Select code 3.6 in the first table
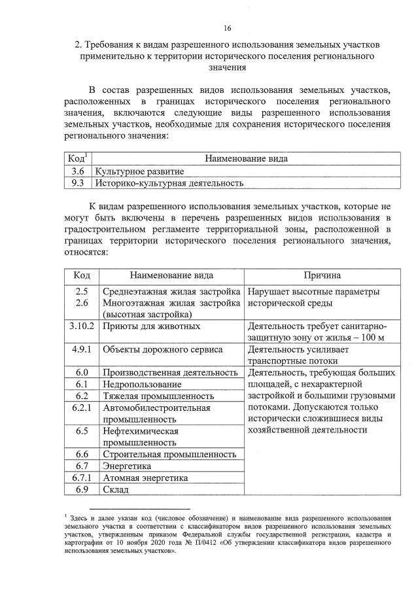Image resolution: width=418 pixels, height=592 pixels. click(78, 171)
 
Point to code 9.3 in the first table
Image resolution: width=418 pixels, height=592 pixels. click(78, 183)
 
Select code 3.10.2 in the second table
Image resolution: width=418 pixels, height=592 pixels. click(82, 326)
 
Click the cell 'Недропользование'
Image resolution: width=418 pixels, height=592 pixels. click(142, 384)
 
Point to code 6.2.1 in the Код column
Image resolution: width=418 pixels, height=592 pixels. click(82, 408)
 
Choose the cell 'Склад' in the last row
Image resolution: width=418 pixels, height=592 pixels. click(116, 489)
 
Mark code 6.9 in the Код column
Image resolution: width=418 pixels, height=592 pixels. click(82, 489)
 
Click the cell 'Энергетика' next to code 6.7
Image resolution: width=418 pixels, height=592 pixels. click(127, 466)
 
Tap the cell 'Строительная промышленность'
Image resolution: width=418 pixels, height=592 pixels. click(169, 454)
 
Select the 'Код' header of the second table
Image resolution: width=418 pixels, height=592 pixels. click(82, 275)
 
